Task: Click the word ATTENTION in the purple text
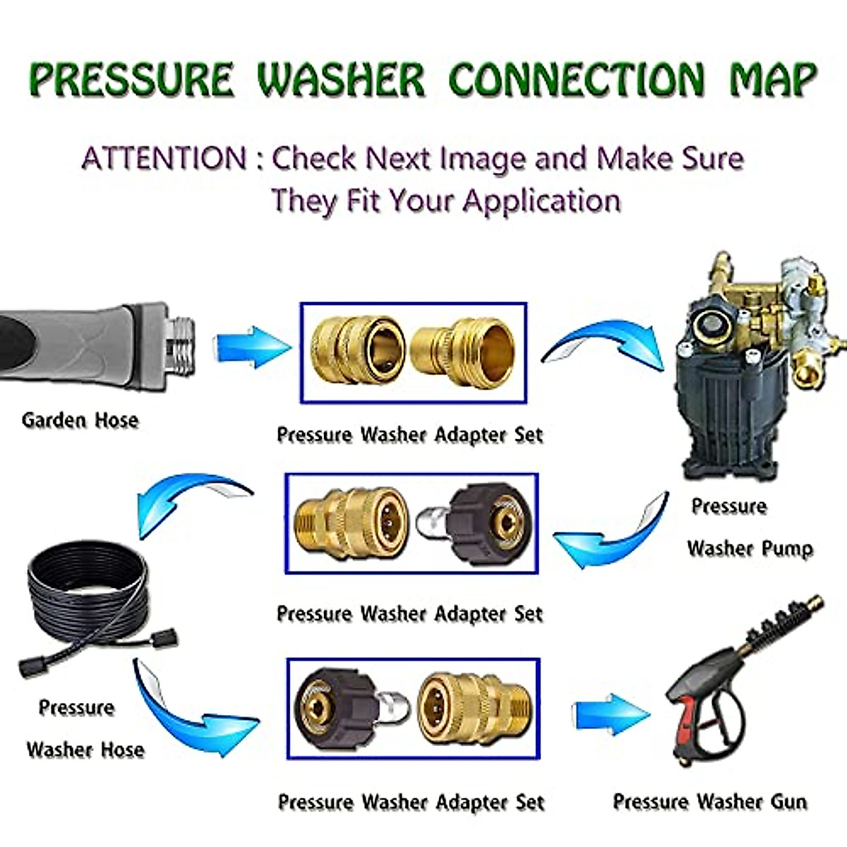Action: point(164,158)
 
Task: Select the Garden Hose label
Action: point(80,420)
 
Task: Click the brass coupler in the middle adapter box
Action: point(341,523)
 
